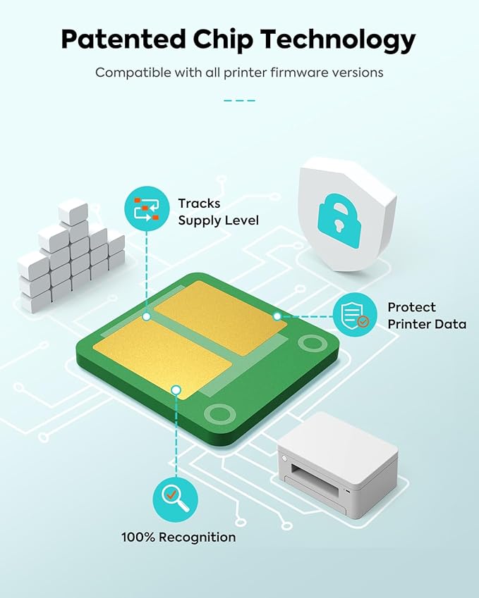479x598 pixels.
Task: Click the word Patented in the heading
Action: point(123,39)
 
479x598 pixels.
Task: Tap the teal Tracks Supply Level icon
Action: point(147,208)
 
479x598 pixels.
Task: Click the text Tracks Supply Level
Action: point(218,212)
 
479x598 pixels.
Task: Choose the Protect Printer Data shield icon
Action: point(355,315)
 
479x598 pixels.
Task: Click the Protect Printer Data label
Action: point(427,316)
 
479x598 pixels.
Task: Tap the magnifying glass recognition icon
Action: point(176,499)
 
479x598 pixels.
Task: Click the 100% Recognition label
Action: point(178,537)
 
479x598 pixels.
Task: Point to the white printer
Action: point(338,465)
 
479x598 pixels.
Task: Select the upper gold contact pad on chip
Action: point(220,318)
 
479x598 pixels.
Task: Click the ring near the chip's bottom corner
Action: point(219,414)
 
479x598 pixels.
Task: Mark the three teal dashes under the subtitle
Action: point(240,100)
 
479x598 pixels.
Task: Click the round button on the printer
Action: point(284,458)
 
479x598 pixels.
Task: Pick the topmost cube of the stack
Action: point(73,211)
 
